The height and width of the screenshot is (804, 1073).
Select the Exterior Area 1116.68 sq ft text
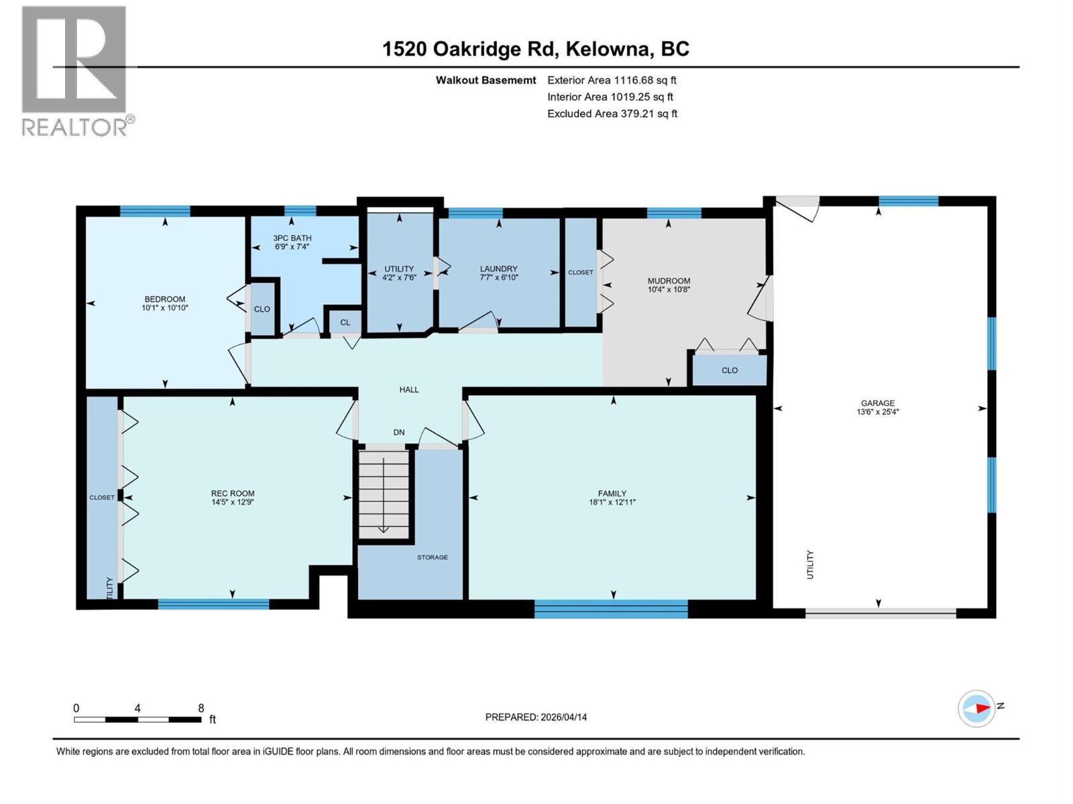(612, 80)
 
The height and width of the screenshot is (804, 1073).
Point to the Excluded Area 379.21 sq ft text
(612, 114)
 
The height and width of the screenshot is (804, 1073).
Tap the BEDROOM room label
(164, 299)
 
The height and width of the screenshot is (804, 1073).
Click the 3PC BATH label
(292, 238)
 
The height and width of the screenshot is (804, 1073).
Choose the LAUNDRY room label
(498, 269)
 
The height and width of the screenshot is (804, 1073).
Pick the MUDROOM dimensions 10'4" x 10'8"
(669, 289)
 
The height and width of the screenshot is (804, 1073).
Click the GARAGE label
(877, 403)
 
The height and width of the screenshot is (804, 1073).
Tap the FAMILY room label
(612, 494)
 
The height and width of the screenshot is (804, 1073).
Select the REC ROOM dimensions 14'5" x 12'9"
(232, 502)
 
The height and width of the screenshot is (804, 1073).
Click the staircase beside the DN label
(384, 494)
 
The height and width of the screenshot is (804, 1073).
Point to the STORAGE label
(432, 557)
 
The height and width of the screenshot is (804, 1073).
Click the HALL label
(409, 389)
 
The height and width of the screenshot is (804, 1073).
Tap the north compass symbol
(976, 708)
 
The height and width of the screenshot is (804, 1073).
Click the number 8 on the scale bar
(201, 708)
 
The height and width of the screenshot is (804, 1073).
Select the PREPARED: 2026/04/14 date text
(536, 717)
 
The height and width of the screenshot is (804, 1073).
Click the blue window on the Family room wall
(611, 608)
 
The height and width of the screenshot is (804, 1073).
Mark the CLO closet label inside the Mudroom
(730, 371)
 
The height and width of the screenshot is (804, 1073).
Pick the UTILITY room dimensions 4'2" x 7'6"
(399, 277)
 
